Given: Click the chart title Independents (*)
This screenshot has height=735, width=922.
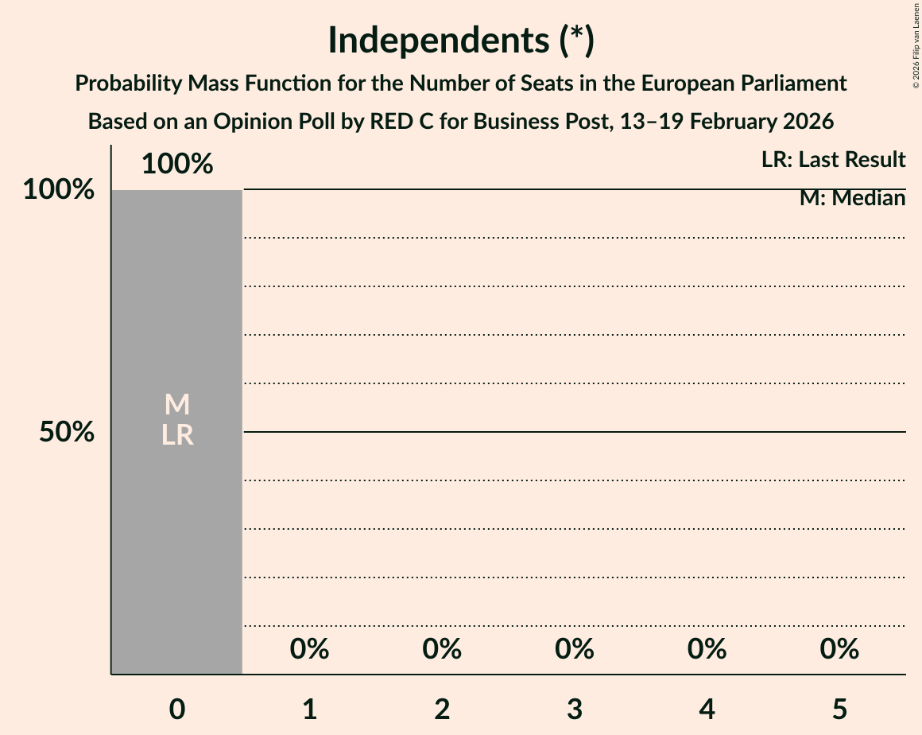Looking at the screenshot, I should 461,41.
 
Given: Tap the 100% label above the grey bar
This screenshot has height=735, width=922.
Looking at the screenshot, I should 177,164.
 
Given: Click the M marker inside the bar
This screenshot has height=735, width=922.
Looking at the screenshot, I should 177,404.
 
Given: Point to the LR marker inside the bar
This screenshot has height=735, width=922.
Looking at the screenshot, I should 177,435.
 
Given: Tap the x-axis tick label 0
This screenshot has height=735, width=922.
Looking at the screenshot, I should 177,709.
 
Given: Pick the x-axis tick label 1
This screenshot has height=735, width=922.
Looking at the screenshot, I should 310,709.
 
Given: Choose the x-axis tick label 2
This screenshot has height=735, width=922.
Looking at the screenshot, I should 442,709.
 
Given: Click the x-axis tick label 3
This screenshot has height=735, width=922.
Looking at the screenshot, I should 575,709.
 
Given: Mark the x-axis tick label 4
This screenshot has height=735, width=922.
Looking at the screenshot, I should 707,709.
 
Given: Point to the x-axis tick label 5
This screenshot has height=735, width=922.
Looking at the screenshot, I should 839,709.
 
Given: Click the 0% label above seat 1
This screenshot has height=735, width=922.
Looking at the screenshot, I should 310,649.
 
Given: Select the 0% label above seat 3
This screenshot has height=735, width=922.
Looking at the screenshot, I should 575,649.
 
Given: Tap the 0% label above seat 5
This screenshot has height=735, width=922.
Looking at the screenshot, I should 839,649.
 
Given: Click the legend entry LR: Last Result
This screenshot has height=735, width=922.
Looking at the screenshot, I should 833,160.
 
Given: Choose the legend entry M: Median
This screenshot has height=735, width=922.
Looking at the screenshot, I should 852,198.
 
